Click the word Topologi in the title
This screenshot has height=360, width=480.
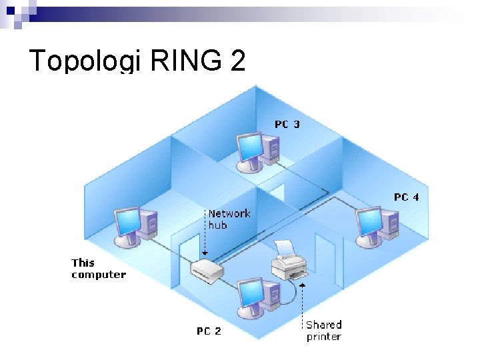[x=85, y=61]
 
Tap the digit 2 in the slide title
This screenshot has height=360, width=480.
[x=237, y=61]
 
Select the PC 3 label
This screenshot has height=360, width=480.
[x=287, y=125]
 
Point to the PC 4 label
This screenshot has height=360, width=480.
[x=406, y=197]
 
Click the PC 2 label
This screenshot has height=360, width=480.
[x=209, y=331]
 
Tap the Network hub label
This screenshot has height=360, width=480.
[x=229, y=219]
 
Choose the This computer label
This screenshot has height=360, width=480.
[x=98, y=269]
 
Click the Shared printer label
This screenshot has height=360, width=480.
[x=323, y=331]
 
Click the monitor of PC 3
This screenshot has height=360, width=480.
[x=251, y=147]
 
